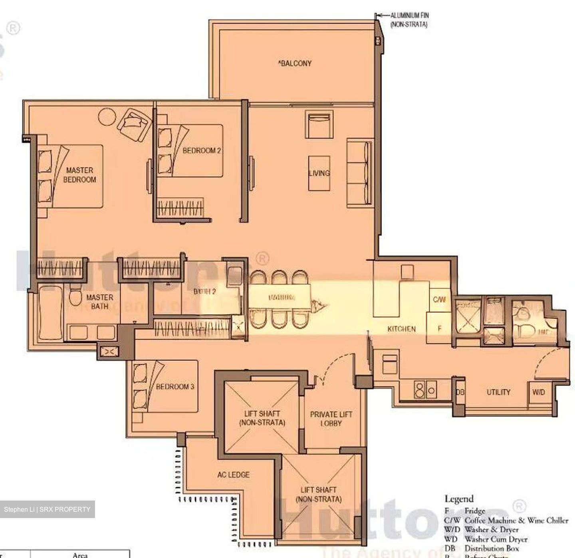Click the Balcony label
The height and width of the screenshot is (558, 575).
point(295,63)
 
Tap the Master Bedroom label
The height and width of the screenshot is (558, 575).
point(79,175)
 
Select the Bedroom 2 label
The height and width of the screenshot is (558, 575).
point(202,150)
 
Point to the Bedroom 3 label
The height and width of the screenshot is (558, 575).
point(175,386)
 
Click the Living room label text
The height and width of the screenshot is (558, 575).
point(319,173)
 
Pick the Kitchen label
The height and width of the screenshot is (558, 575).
point(401,329)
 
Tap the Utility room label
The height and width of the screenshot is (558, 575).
point(498,392)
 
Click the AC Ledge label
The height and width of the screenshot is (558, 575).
point(233,475)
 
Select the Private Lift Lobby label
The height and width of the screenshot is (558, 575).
point(331,418)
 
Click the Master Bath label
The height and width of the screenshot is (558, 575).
point(99,302)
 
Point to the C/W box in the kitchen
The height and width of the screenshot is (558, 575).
point(439,299)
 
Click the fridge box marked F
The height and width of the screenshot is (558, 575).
point(439,329)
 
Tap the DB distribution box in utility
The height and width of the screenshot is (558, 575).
point(460,392)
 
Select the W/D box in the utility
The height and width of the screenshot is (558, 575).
point(538,392)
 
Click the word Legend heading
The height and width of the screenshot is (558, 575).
point(459,499)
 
